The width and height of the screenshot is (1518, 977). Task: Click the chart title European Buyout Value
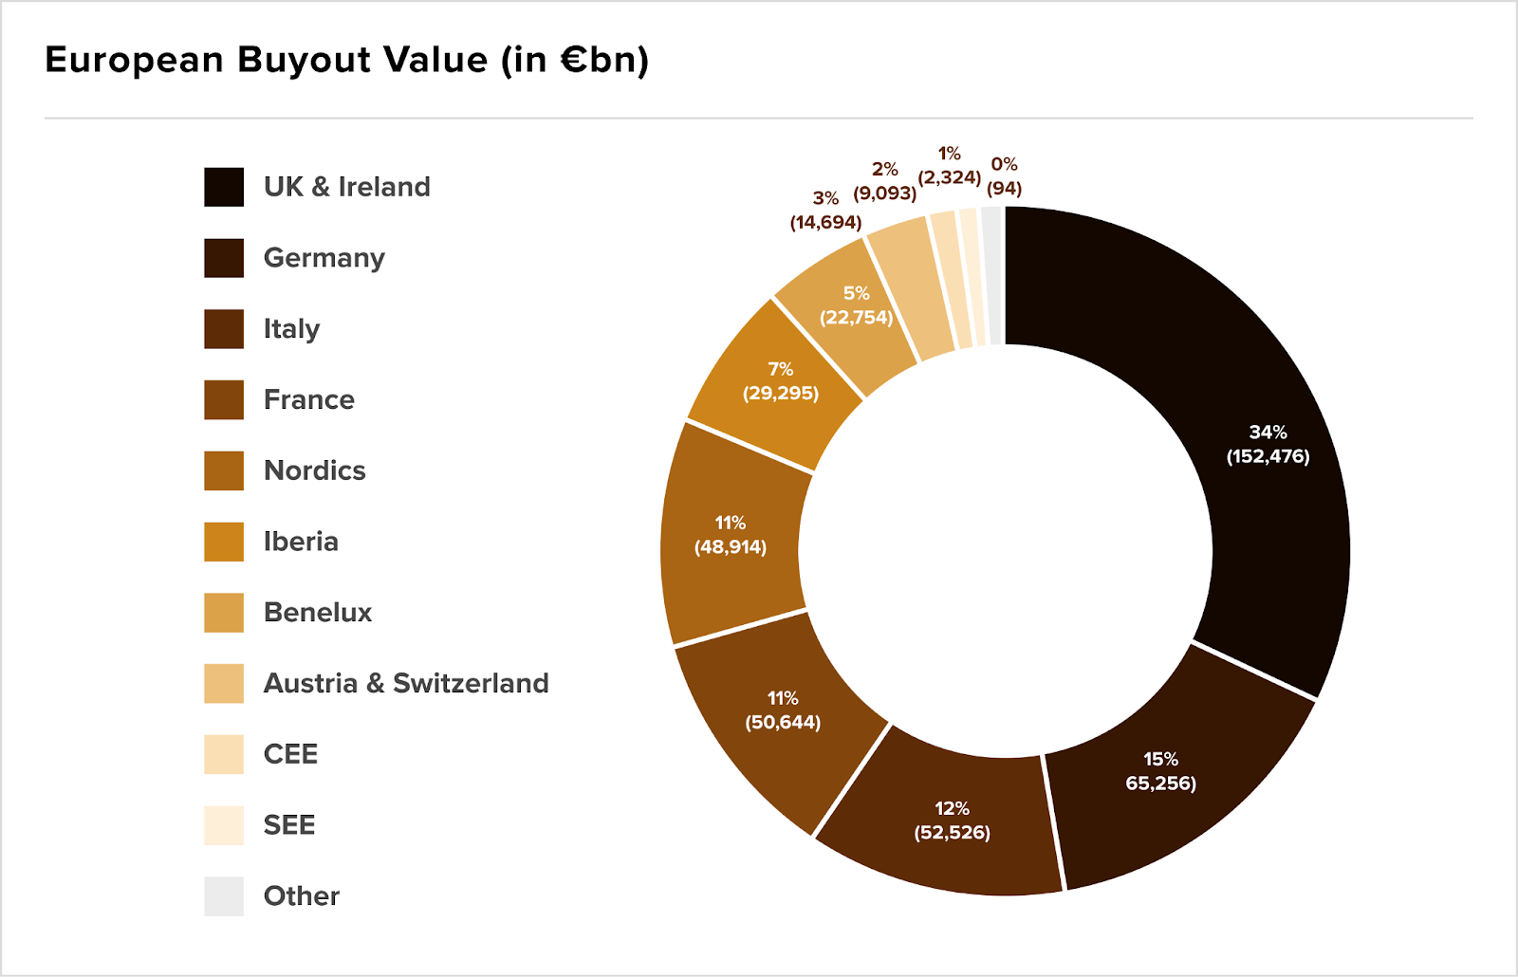[346, 60]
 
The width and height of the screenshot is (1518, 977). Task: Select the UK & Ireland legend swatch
[224, 187]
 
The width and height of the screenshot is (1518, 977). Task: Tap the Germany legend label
[324, 258]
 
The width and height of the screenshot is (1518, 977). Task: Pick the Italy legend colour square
[224, 329]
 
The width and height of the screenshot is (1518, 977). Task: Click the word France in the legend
[308, 399]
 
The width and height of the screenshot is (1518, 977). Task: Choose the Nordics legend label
[314, 470]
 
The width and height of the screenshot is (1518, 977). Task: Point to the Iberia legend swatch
[224, 542]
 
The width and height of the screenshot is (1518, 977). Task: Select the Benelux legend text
[317, 612]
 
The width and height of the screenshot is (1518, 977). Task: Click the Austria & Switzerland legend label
[405, 683]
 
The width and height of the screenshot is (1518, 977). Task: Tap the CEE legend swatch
[224, 754]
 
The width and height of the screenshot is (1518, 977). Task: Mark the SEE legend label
[288, 825]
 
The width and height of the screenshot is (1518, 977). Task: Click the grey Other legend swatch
[224, 896]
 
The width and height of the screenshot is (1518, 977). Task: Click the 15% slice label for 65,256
[1160, 771]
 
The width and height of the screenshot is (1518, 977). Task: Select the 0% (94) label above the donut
[1004, 176]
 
